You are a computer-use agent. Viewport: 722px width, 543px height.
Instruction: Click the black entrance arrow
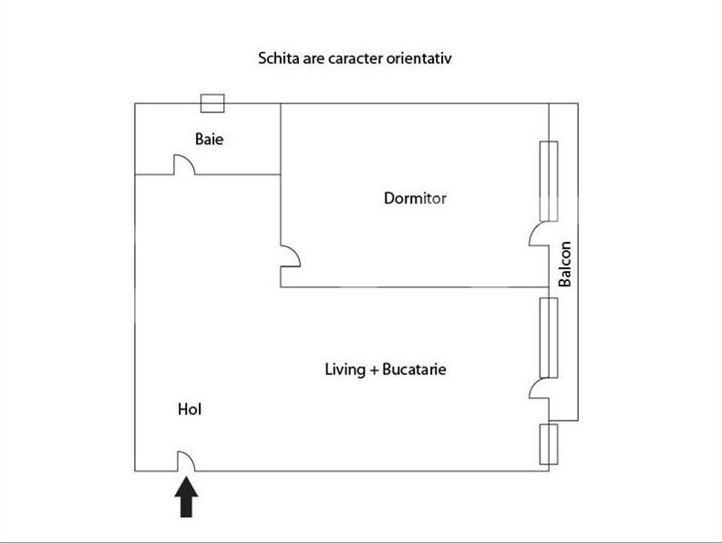(x=186, y=498)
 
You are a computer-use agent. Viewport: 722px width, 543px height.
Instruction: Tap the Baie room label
(x=209, y=140)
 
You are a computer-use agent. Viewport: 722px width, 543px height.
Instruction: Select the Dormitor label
(x=415, y=198)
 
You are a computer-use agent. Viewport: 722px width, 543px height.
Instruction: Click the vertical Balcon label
(x=565, y=264)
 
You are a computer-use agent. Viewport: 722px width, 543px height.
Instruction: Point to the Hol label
(x=189, y=410)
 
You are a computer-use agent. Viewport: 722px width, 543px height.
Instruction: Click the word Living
(x=344, y=370)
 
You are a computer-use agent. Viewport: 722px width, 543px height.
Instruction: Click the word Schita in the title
(x=277, y=58)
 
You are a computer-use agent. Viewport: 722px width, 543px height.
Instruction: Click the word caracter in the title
(x=356, y=58)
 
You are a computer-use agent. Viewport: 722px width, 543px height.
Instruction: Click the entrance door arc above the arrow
(x=185, y=463)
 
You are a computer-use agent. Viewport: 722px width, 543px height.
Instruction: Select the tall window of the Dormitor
(x=549, y=181)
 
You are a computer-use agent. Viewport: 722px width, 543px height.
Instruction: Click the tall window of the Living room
(x=548, y=337)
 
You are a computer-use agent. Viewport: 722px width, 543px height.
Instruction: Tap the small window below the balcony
(x=548, y=444)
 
